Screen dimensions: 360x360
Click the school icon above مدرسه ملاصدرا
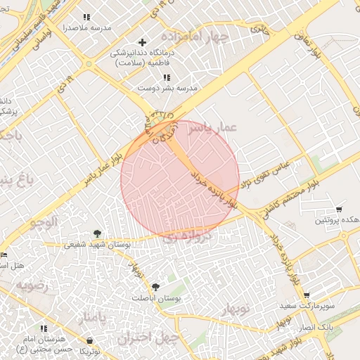pos(86,17)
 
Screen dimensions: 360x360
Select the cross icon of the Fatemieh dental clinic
pos(143,43)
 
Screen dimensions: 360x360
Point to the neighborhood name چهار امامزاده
pos(194,36)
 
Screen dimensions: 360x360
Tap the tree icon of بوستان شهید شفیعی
pos(97,234)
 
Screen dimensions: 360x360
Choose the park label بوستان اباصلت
pos(157,297)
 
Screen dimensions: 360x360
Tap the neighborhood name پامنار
pos(93,319)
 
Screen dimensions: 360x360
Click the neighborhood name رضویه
pos(32,286)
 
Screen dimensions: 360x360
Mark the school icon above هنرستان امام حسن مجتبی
pos(44,328)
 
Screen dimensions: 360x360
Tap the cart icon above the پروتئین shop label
pos(340,210)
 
